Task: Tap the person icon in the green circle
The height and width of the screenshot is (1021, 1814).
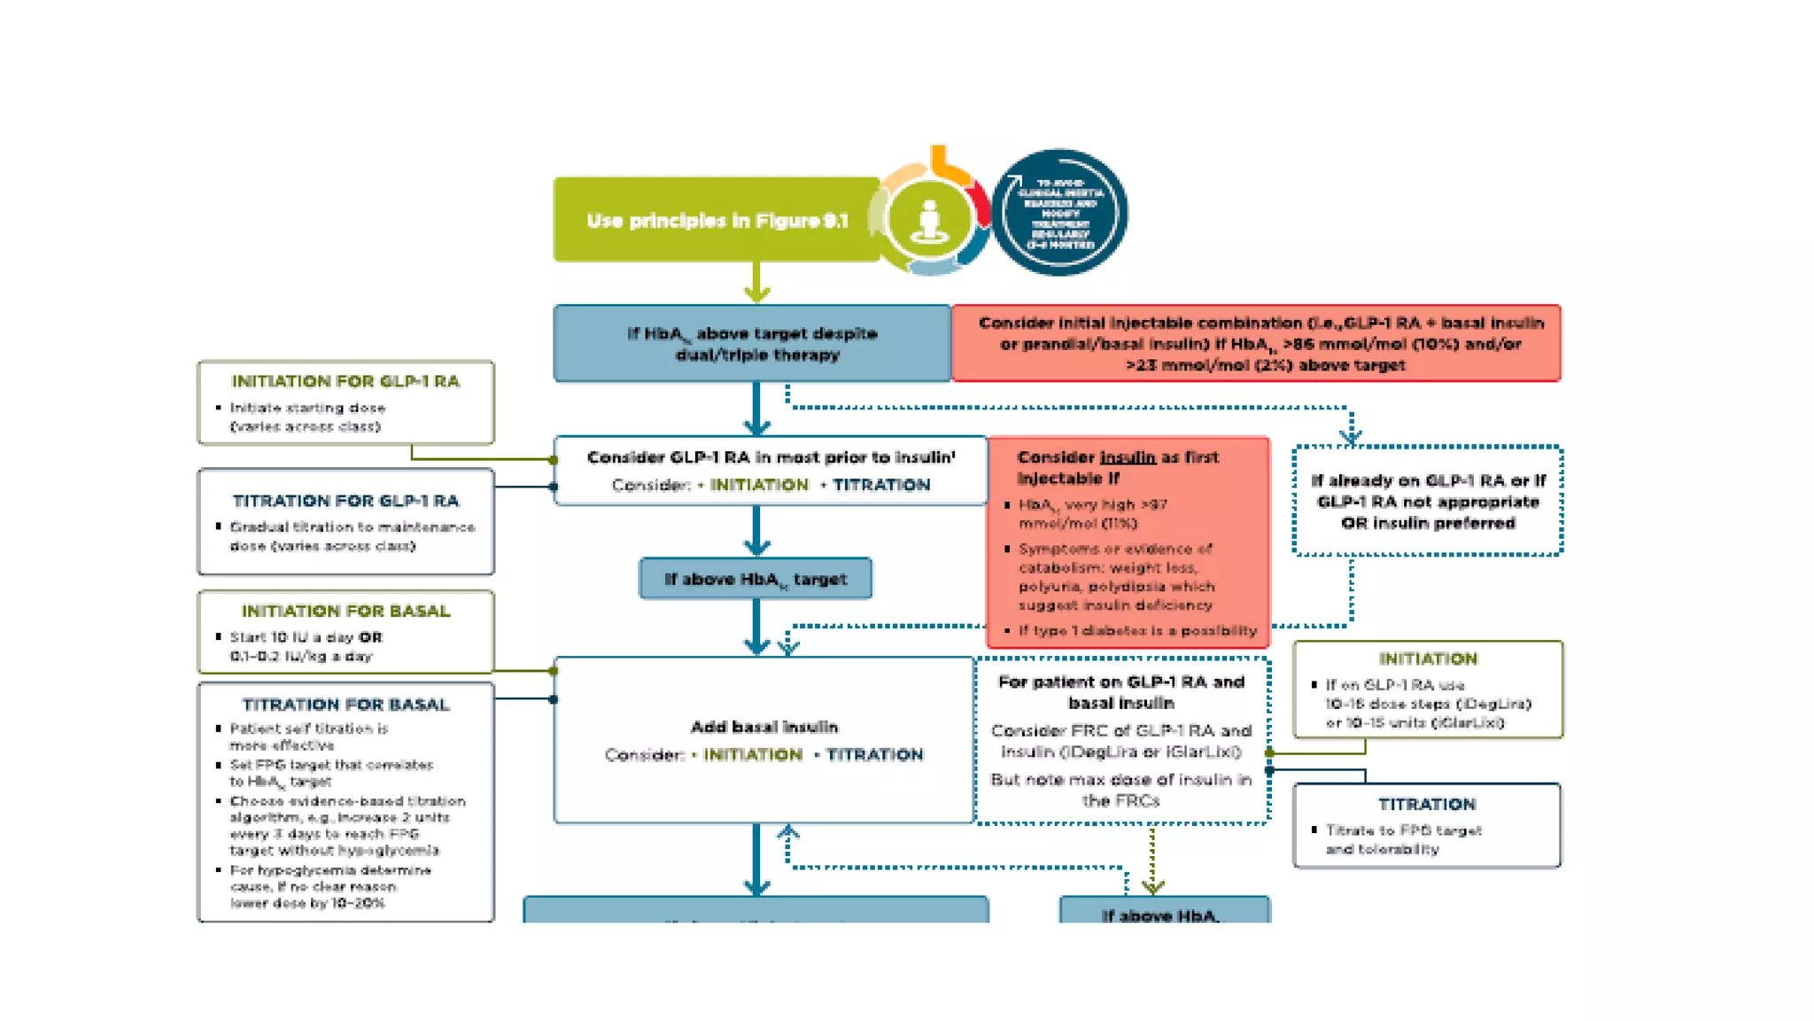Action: point(928,218)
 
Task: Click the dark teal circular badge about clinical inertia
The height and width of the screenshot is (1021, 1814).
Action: point(1059,213)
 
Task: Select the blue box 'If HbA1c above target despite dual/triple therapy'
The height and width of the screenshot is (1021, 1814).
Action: point(752,344)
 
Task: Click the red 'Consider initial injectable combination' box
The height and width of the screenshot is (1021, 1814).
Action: point(1255,344)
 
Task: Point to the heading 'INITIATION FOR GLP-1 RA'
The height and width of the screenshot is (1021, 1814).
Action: point(345,381)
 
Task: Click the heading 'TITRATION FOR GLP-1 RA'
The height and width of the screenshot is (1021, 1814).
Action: point(345,501)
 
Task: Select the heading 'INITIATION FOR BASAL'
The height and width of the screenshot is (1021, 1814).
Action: point(345,611)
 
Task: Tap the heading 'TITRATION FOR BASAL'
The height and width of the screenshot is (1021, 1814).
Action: point(345,705)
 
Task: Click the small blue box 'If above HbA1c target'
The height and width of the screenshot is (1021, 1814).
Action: point(756,579)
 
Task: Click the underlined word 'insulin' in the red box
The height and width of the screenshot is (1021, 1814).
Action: point(1127,457)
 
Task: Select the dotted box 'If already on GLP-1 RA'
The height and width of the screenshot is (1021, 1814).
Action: point(1428,502)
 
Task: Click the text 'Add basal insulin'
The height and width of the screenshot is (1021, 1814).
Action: point(764,727)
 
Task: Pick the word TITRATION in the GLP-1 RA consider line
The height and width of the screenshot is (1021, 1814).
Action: point(880,485)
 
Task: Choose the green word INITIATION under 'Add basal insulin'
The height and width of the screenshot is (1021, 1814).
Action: point(753,754)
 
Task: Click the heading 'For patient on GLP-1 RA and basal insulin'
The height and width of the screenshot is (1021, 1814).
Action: point(1120,692)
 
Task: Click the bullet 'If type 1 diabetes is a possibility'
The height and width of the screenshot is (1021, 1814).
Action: point(1136,630)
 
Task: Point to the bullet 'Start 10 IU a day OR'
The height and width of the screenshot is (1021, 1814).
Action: point(306,637)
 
